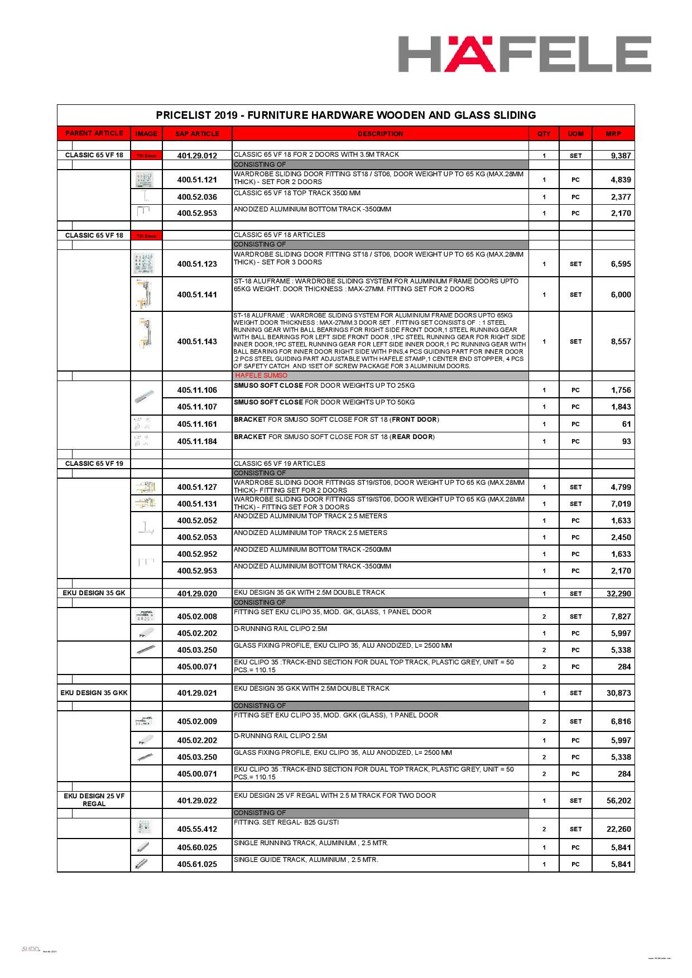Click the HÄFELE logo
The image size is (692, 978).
point(524,54)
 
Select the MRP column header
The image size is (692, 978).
point(613,134)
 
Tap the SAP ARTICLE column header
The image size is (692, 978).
point(197,134)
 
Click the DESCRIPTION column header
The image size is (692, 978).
point(380,134)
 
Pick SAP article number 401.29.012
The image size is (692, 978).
point(197,156)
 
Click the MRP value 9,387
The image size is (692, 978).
point(621,156)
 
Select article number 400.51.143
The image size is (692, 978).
point(197,341)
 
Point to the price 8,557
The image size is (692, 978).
point(621,341)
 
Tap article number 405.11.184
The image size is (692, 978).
point(197,441)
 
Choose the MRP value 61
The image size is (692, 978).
point(626,424)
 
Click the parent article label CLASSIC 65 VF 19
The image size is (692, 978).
point(94,464)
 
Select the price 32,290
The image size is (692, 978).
point(619,594)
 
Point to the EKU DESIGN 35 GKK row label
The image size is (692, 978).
point(94,693)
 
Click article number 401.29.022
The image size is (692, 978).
point(197,801)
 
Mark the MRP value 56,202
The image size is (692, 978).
point(619,801)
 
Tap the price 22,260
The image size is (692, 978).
point(619,829)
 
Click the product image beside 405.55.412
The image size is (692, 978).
point(146,828)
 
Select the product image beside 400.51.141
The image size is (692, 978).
point(146,294)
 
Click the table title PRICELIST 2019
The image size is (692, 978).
point(345,115)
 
